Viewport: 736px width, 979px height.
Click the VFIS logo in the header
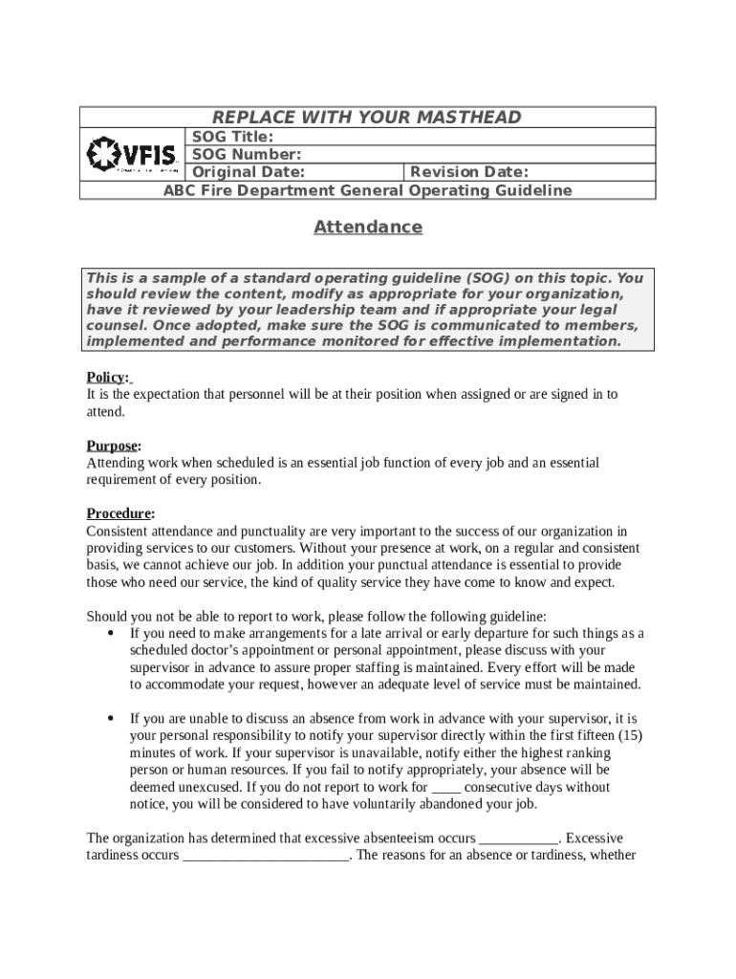(x=132, y=154)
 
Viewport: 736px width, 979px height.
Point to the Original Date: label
(x=249, y=172)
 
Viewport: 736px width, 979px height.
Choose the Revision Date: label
(x=468, y=172)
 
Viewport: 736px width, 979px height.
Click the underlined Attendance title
(x=368, y=228)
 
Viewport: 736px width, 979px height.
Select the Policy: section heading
(x=107, y=377)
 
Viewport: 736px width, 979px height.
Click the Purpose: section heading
(x=114, y=446)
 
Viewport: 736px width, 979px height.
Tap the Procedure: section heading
(x=120, y=513)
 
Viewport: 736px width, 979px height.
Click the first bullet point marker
(x=112, y=633)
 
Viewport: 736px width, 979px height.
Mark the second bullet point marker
(x=112, y=717)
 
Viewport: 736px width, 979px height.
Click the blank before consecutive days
(x=446, y=788)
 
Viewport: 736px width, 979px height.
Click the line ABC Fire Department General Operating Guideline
(x=368, y=190)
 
